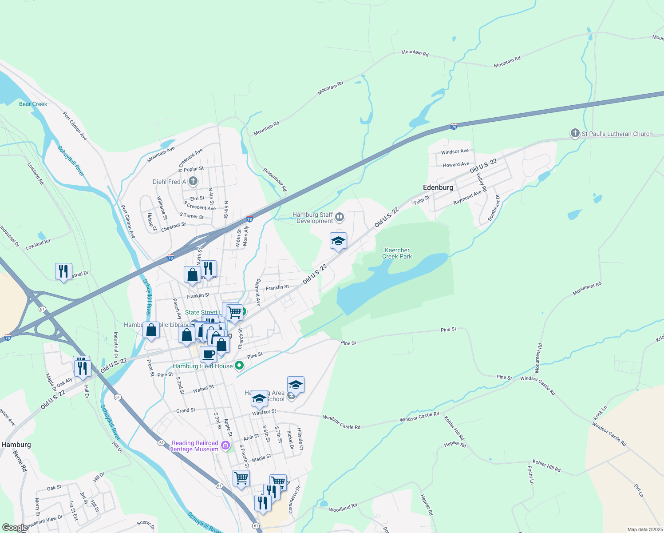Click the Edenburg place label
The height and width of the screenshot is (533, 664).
(438, 187)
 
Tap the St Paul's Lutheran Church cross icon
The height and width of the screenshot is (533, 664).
(575, 133)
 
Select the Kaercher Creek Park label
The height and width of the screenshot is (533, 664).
(397, 253)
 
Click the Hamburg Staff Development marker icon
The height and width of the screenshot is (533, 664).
(340, 217)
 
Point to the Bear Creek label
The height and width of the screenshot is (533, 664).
(33, 104)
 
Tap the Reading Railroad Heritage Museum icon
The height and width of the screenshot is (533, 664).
(225, 445)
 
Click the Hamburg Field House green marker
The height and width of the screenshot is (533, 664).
(239, 366)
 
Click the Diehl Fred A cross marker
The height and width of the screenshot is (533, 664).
(193, 181)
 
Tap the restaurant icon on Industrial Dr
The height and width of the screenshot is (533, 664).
(63, 271)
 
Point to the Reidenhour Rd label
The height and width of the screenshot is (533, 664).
(275, 179)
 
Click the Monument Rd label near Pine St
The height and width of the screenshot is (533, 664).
(538, 358)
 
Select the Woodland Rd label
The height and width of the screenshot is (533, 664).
(343, 508)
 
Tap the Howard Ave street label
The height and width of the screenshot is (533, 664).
(455, 164)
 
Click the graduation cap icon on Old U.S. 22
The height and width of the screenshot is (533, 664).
(338, 241)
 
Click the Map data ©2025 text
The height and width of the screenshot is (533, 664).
(644, 529)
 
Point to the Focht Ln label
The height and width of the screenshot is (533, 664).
(530, 475)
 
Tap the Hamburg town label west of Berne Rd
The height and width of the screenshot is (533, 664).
(16, 445)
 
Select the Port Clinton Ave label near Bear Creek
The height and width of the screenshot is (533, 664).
(75, 126)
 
